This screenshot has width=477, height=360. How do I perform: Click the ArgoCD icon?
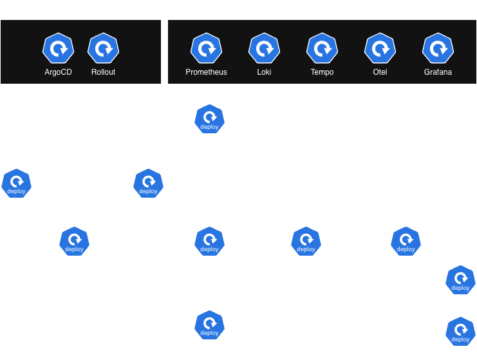pos(58,48)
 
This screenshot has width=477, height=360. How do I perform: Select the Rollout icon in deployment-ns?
pos(103,48)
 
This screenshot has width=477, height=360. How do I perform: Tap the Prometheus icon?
pos(206,48)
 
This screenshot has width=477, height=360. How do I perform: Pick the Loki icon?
pos(264,48)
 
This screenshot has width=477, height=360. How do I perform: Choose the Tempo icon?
pos(322,48)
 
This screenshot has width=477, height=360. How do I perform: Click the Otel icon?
pos(380,48)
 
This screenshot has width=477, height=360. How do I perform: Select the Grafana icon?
pos(438,48)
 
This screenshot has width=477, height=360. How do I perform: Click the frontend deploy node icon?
pos(209,119)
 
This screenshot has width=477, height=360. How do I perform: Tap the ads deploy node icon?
pos(16,184)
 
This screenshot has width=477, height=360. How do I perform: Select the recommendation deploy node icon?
pos(148,184)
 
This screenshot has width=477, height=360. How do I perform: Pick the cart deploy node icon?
pos(74,242)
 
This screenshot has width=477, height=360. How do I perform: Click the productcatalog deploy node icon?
pos(209,242)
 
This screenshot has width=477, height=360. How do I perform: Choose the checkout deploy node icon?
pos(209,325)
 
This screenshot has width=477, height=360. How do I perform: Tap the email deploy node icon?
pos(460,280)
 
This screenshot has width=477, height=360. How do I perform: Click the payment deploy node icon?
pos(460,332)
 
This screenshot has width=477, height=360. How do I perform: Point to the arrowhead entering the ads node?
pos(16,166)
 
